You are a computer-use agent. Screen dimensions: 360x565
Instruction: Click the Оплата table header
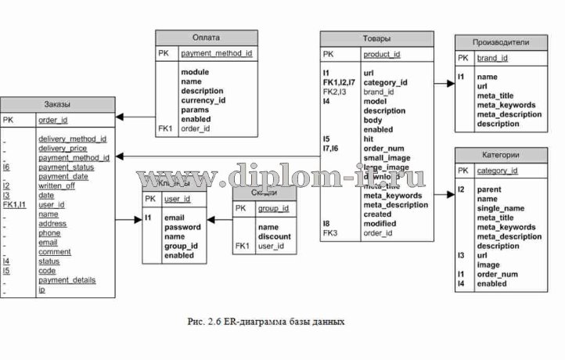tap(206, 37)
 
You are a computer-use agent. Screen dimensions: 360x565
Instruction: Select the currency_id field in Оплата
tap(203, 101)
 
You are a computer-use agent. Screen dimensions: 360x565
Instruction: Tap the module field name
tap(194, 72)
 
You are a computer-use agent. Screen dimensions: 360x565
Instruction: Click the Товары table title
tap(376, 38)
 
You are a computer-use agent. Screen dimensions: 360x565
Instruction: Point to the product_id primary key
tap(381, 54)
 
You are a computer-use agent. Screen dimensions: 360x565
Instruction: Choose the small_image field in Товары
tap(387, 157)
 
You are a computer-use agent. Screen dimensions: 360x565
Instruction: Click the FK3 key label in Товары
tap(329, 232)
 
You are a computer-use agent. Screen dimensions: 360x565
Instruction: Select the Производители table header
tap(502, 41)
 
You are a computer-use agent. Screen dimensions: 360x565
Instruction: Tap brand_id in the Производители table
tap(492, 58)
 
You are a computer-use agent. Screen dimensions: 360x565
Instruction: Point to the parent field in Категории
tap(490, 189)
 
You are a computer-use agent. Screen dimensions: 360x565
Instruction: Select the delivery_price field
tap(63, 148)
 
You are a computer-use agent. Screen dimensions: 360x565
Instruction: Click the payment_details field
tap(67, 280)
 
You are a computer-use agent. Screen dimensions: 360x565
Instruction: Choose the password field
tap(182, 227)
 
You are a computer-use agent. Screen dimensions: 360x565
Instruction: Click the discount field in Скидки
tap(274, 236)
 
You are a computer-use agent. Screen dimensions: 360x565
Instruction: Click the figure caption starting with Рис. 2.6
tap(267, 321)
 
